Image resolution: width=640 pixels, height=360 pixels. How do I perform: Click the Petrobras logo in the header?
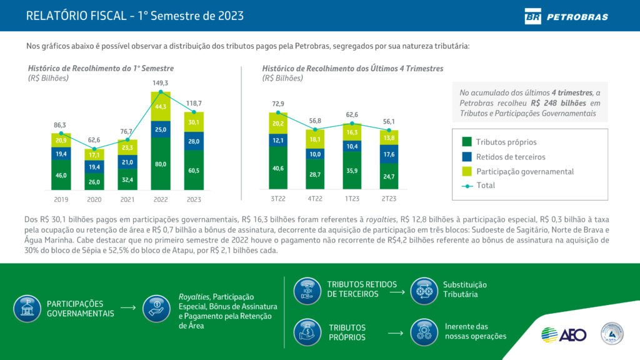tap(566, 16)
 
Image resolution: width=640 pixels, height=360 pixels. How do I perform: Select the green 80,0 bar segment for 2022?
tap(161, 164)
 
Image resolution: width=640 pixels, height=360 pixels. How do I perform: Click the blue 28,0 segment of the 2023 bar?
tap(194, 141)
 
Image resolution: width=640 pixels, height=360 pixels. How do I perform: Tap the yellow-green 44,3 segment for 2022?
tap(161, 107)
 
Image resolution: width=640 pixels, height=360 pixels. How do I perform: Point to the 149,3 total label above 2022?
tap(161, 82)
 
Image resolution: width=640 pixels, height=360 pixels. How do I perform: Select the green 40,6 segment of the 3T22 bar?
tap(278, 168)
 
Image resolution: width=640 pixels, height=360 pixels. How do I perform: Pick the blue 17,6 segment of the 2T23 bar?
tap(389, 154)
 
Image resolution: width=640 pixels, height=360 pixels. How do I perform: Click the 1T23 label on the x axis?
tap(352, 198)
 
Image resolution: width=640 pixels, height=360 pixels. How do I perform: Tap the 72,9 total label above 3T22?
tap(278, 104)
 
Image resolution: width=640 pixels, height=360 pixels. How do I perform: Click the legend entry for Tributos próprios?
tap(506, 142)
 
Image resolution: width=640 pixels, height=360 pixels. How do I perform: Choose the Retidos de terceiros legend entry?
tap(510, 156)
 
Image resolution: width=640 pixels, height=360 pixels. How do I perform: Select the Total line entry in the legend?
tap(485, 185)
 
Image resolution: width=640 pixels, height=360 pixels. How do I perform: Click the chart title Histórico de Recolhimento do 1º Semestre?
tap(101, 68)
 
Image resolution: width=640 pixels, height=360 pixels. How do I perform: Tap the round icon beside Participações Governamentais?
tap(27, 308)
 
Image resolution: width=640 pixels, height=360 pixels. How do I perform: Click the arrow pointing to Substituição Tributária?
tap(395, 290)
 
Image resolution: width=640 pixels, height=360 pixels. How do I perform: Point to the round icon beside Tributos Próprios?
tap(307, 332)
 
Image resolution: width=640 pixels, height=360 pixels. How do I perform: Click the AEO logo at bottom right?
tap(564, 335)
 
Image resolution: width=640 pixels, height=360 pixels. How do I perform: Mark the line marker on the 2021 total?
tap(127, 140)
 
